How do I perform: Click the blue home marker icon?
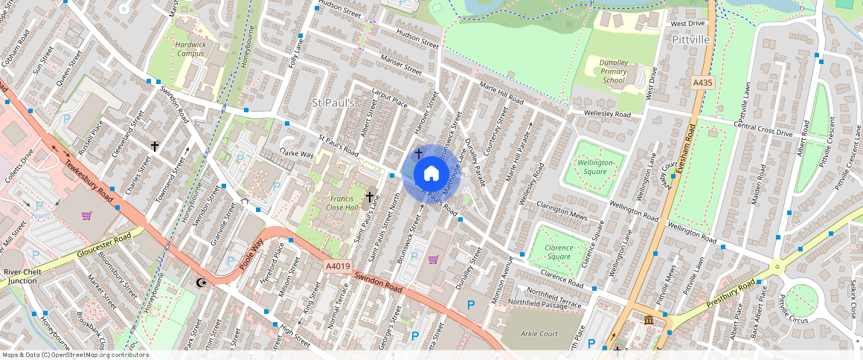(431, 174)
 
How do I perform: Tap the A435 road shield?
(701, 83)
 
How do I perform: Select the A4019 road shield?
(337, 266)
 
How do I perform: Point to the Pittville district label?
(690, 39)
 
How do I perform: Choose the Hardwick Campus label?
(190, 49)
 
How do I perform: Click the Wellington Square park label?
(596, 167)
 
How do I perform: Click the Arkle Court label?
(539, 334)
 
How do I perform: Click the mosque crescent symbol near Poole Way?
(200, 283)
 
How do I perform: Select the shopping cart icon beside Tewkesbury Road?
(87, 216)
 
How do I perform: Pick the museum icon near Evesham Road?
(648, 321)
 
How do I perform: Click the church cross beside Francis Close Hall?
(369, 197)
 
